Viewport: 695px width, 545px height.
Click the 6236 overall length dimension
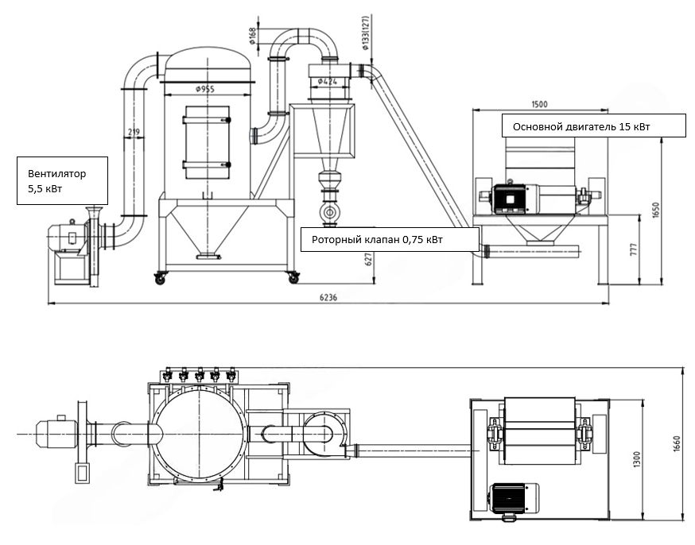coord(328,297)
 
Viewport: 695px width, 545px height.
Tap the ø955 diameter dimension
coord(205,90)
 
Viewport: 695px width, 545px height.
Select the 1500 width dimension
coord(539,104)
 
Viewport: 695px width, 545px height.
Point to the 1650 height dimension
coord(657,210)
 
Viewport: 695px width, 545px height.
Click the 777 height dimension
coord(633,249)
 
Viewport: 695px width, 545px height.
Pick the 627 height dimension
coord(368,260)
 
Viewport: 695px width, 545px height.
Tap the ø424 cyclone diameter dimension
coord(328,82)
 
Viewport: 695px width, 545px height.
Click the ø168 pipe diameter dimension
coord(252,36)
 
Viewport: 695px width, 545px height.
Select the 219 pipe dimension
coord(134,132)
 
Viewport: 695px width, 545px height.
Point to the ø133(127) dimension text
coord(365,33)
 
